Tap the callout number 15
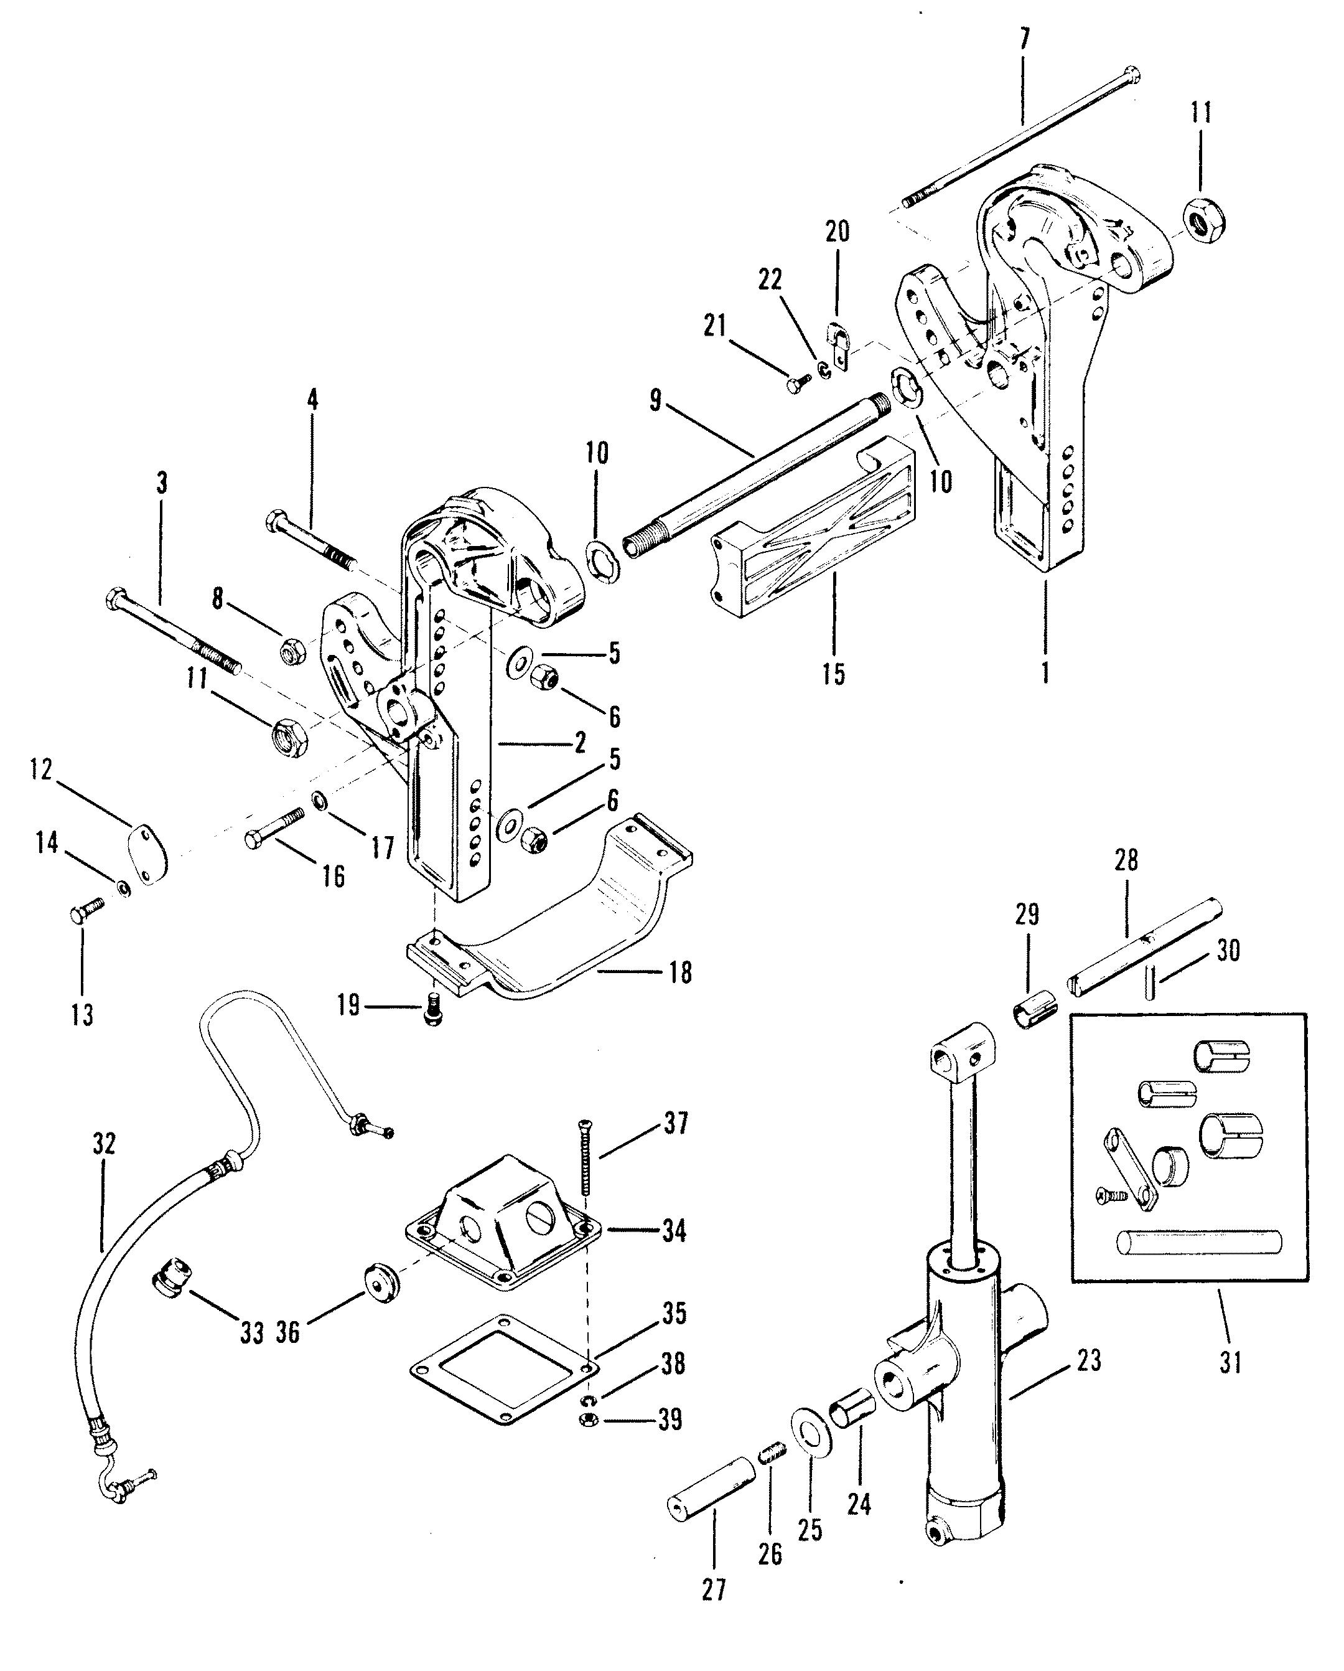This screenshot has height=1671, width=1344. [834, 674]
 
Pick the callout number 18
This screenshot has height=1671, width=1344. [679, 972]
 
